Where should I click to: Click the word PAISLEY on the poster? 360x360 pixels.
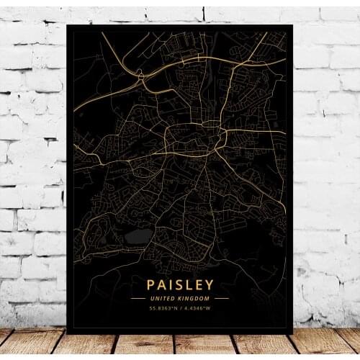click(180, 285)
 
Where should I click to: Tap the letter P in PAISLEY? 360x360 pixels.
click(151, 285)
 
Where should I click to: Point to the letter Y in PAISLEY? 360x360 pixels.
click(210, 285)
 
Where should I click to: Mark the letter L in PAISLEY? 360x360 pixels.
click(187, 285)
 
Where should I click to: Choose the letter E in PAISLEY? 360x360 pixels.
click(198, 285)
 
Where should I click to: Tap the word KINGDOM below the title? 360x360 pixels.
click(194, 298)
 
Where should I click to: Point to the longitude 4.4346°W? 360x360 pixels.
click(197, 309)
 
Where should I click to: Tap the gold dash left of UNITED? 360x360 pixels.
click(138, 298)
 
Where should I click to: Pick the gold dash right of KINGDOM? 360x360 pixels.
click(222, 298)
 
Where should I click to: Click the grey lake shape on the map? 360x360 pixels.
click(138, 236)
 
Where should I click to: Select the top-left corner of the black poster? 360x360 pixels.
click(67, 25)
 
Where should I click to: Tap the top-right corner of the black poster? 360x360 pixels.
click(292, 25)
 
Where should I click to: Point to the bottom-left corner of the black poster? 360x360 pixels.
click(67, 333)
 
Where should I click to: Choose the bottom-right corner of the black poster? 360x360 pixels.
click(292, 333)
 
